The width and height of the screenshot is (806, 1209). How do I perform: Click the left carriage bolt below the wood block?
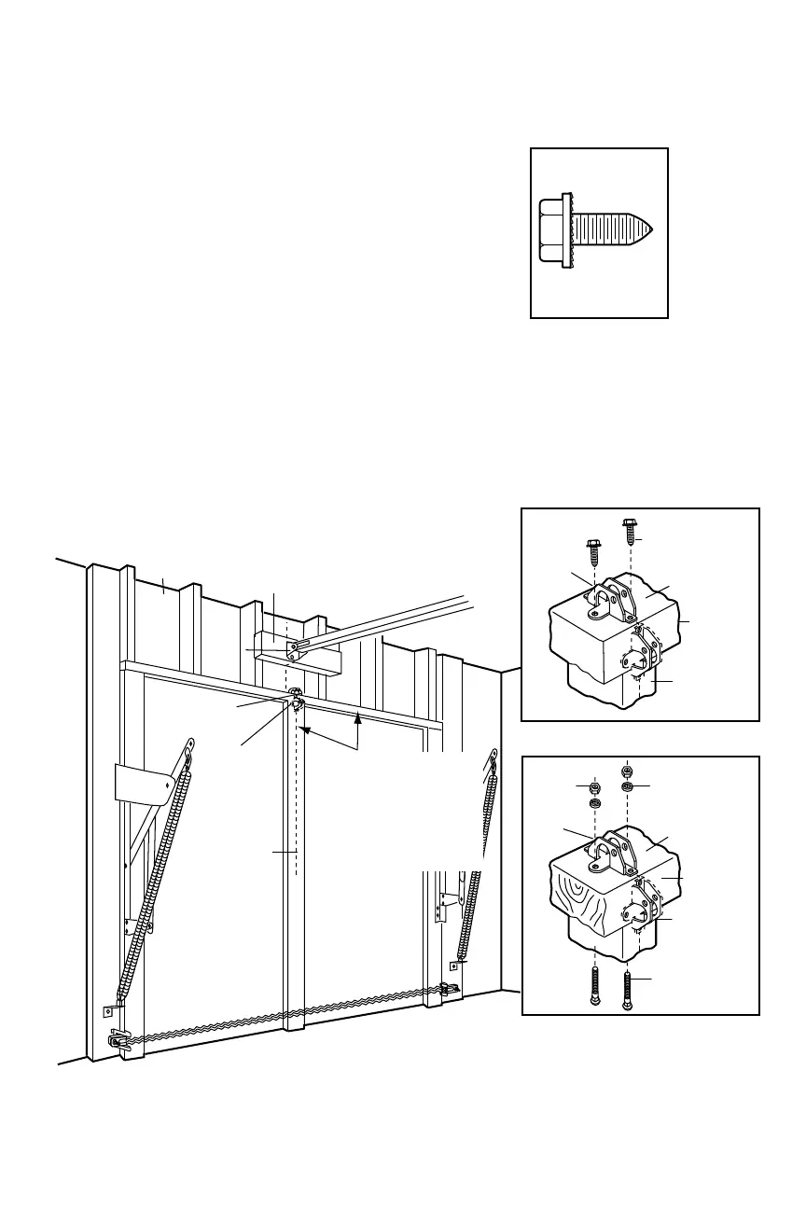pos(595,988)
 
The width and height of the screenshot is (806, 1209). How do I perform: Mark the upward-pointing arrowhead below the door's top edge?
pos(358,717)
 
